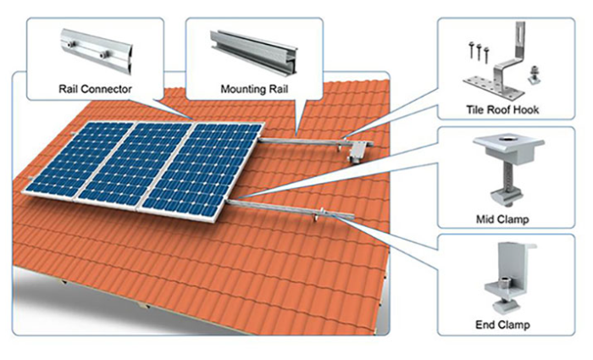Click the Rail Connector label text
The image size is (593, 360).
pos(95,89)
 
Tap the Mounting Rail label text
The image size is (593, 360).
pos(254,89)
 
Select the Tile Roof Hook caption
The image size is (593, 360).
pos(502,109)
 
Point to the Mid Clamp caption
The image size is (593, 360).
pos(502,219)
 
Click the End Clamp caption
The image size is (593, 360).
pos(502,324)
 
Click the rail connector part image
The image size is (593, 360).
pos(97,52)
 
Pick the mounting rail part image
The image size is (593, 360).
pos(254,52)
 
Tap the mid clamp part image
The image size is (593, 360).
pos(508,170)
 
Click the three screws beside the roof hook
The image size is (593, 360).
pos(479,51)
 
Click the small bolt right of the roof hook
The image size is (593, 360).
pos(533,75)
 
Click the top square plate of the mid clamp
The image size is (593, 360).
pos(508,143)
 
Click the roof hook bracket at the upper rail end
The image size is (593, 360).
pos(357,151)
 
